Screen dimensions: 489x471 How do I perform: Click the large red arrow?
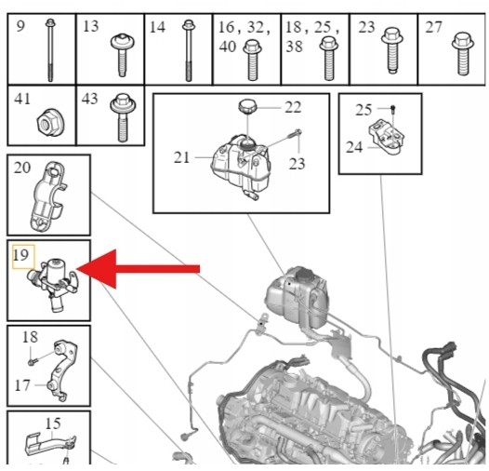[x=138, y=269]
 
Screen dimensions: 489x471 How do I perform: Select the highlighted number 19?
[x=20, y=255]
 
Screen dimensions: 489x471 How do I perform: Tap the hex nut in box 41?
[x=48, y=122]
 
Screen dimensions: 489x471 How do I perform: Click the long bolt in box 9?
[x=50, y=50]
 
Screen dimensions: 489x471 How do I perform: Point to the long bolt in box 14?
[x=188, y=50]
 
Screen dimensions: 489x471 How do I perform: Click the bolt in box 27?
[x=463, y=53]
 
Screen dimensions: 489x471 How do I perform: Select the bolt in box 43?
[x=123, y=117]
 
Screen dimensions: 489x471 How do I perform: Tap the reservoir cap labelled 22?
[x=247, y=106]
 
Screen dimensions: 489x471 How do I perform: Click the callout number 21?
[x=181, y=157]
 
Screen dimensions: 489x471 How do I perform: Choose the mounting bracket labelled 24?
[x=387, y=137]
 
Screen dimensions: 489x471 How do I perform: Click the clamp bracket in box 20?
[x=48, y=196]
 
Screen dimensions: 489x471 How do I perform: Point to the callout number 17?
[x=22, y=385]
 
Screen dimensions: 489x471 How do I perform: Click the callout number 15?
[x=53, y=424]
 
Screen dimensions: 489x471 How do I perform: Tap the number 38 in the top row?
[x=294, y=47]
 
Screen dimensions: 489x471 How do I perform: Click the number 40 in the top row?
[x=228, y=47]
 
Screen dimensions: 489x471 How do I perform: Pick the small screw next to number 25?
[x=392, y=109]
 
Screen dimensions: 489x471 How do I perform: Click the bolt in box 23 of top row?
[x=391, y=50]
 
